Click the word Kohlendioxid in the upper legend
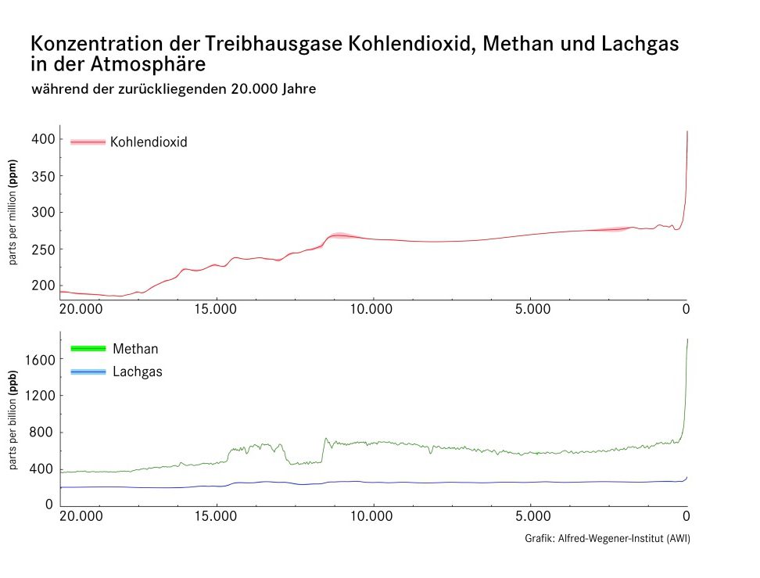click(149, 142)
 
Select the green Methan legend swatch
click(88, 348)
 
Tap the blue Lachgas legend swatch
click(88, 372)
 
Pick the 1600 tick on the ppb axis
click(38, 360)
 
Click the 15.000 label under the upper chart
click(216, 310)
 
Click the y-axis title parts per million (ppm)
click(13, 213)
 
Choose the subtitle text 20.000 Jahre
click(274, 89)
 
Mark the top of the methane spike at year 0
click(687, 339)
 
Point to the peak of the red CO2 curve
click(687, 131)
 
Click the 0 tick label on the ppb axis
click(48, 505)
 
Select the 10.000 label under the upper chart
click(373, 310)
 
